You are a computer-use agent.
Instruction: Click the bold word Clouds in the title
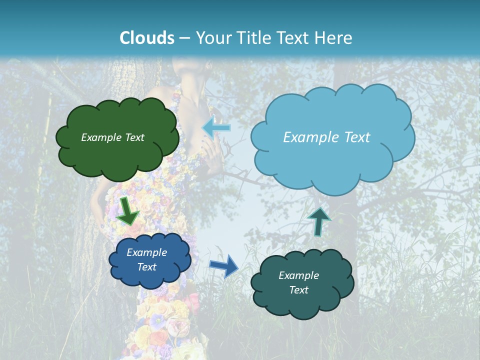[x=147, y=38]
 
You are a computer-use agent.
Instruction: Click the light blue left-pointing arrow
[x=216, y=128]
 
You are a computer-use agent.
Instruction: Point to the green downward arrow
[x=128, y=211]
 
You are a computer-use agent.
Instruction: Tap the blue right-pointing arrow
[x=223, y=266]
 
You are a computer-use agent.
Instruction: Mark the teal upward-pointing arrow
[x=319, y=221]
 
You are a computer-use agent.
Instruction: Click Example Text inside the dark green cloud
[x=112, y=137]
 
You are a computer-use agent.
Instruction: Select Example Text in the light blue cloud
[x=326, y=137]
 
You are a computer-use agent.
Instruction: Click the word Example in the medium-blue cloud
[x=146, y=252]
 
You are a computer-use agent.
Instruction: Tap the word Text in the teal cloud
[x=298, y=290]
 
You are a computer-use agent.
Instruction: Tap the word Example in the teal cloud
[x=298, y=275]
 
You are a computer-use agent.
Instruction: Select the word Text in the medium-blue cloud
[x=146, y=267]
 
